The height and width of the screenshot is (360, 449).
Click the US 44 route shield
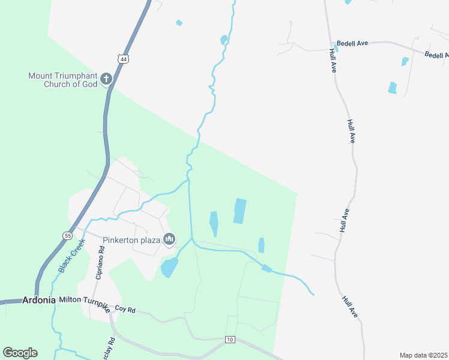[122, 59]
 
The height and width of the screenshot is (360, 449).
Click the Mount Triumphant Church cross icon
[106, 79]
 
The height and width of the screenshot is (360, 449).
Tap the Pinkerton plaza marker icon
[169, 240]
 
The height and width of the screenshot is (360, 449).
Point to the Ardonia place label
[39, 300]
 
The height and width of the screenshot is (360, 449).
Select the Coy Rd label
[125, 310]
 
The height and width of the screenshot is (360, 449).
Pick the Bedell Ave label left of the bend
[352, 43]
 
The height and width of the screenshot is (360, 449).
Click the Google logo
[20, 353]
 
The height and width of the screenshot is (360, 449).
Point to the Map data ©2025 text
[423, 355]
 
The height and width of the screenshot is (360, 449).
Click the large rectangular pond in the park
[240, 211]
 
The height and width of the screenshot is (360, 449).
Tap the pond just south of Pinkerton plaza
[169, 267]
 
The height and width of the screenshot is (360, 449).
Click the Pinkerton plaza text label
[131, 241]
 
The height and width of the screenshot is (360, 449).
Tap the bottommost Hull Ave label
[351, 306]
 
